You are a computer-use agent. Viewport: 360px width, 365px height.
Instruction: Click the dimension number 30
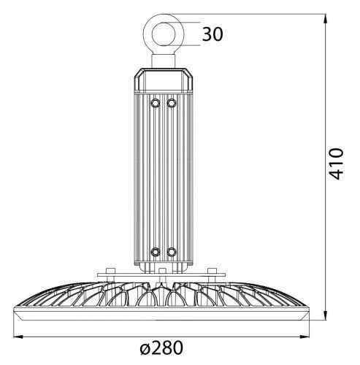(212, 34)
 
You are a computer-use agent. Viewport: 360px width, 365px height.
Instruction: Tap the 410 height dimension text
(336, 164)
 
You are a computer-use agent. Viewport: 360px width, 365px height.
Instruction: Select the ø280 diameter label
(161, 348)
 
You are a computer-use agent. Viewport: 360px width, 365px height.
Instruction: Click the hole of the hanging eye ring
(164, 34)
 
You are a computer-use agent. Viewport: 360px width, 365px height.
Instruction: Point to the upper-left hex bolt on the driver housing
(156, 103)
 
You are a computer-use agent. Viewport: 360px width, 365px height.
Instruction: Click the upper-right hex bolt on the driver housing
(172, 103)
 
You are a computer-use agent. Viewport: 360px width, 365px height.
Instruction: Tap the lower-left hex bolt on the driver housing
(156, 252)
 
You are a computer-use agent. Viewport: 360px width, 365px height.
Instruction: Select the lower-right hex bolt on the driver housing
(172, 252)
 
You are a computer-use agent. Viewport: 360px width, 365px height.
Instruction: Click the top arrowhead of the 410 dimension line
(325, 19)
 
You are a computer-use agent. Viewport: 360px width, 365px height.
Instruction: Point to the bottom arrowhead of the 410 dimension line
(325, 315)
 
